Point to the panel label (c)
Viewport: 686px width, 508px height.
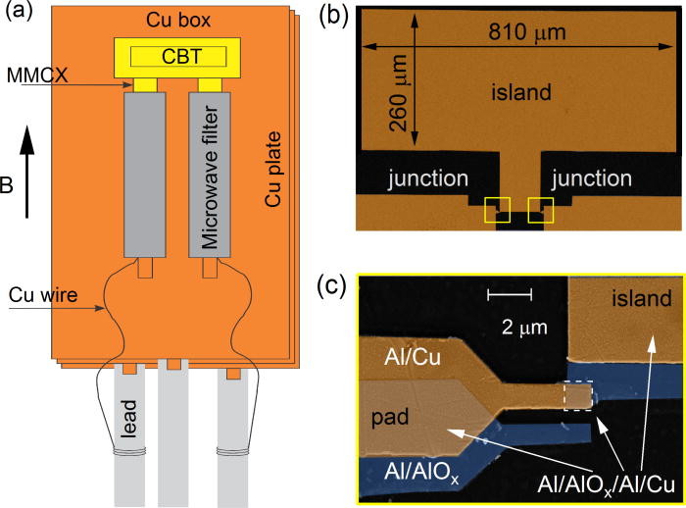pyautogui.click(x=337, y=286)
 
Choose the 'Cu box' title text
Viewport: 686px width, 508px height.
pyautogui.click(x=173, y=21)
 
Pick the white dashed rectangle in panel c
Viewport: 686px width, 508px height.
pyautogui.click(x=578, y=395)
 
